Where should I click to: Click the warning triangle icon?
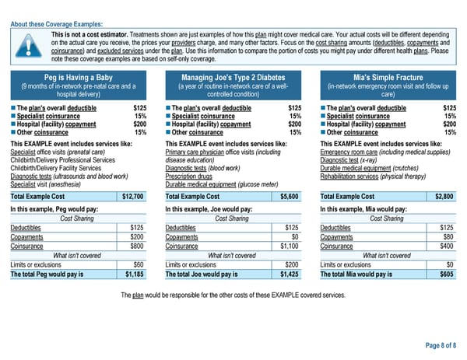[30, 46]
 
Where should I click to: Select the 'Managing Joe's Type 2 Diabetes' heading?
[233, 77]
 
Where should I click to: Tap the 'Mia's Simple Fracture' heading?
[387, 77]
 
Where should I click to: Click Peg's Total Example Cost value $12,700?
[133, 197]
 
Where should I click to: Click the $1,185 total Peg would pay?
[135, 274]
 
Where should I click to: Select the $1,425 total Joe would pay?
[290, 274]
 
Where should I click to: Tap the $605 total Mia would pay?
[447, 274]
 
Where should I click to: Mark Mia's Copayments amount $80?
[448, 236]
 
